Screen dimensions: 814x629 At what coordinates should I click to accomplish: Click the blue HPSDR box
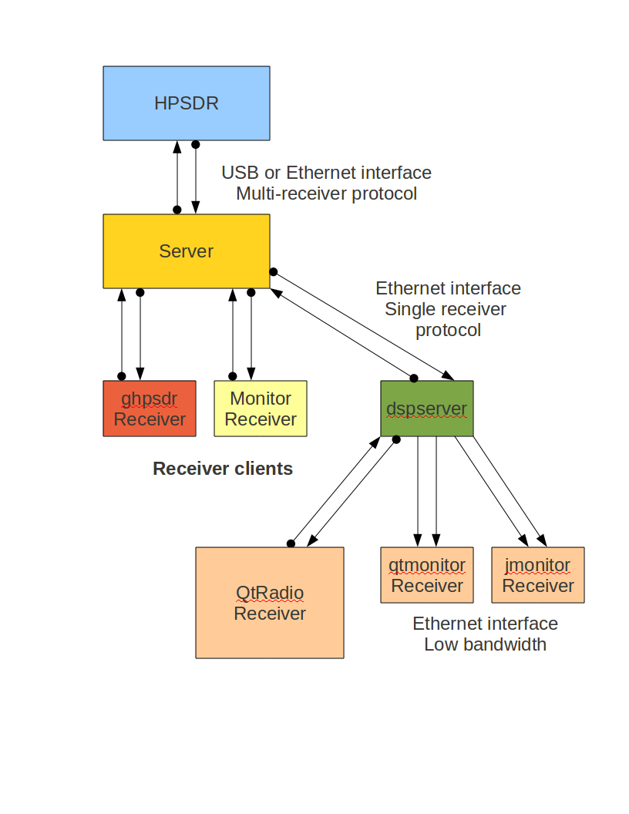pyautogui.click(x=187, y=103)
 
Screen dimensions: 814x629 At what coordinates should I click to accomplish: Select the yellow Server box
pyautogui.click(x=187, y=251)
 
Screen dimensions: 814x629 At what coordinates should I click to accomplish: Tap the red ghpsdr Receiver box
pyautogui.click(x=150, y=409)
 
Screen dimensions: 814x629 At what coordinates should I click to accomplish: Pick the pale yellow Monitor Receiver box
pyautogui.click(x=261, y=409)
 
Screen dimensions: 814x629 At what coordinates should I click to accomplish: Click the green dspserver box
pyautogui.click(x=426, y=409)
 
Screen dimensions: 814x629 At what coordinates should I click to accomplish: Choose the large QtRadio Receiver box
pyautogui.click(x=270, y=603)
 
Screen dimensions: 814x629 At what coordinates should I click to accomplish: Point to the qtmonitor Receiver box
pyautogui.click(x=426, y=575)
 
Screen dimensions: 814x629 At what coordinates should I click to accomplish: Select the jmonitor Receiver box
pyautogui.click(x=538, y=575)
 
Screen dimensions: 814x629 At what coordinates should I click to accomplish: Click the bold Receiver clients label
pyautogui.click(x=223, y=469)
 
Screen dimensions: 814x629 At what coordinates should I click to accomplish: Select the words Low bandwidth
pyautogui.click(x=485, y=644)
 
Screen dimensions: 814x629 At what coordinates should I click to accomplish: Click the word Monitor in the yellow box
pyautogui.click(x=261, y=399)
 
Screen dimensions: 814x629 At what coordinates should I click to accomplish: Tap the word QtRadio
pyautogui.click(x=270, y=593)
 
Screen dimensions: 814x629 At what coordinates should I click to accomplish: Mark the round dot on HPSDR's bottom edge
pyautogui.click(x=196, y=144)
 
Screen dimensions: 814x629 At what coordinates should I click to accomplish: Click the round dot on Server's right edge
pyautogui.click(x=273, y=271)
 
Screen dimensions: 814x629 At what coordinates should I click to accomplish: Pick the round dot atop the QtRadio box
pyautogui.click(x=291, y=543)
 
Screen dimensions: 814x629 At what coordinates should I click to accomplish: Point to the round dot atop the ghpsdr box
pyautogui.click(x=121, y=376)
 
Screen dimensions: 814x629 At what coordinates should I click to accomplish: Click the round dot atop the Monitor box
pyautogui.click(x=233, y=376)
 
